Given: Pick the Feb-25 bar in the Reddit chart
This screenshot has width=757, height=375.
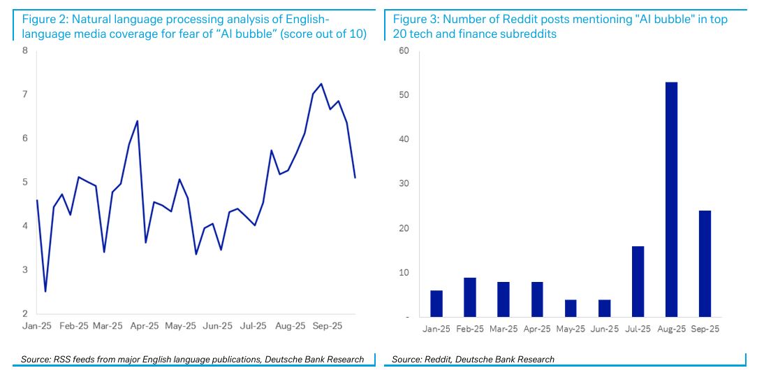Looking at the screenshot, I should click(470, 297).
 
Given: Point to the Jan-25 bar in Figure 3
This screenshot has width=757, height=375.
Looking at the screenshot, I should click(436, 304).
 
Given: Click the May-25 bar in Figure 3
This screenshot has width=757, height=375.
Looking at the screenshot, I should click(571, 309).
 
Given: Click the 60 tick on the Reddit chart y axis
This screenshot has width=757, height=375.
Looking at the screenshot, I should click(404, 50).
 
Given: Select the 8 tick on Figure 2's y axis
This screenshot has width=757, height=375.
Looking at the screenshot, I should click(25, 50).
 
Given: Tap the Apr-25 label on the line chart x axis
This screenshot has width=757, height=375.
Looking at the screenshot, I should click(145, 326).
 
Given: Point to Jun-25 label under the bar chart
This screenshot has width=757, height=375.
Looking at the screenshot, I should click(604, 328).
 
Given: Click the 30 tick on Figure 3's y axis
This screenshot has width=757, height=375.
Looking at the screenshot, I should click(404, 184).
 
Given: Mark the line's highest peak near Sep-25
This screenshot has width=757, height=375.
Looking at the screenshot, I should click(321, 84).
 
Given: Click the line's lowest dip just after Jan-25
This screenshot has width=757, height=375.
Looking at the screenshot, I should click(45, 291).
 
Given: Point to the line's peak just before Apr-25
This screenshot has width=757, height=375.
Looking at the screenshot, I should click(137, 121).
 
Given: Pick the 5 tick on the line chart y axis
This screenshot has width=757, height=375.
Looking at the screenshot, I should click(25, 182).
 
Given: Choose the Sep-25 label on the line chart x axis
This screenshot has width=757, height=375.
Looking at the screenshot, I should click(326, 326).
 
